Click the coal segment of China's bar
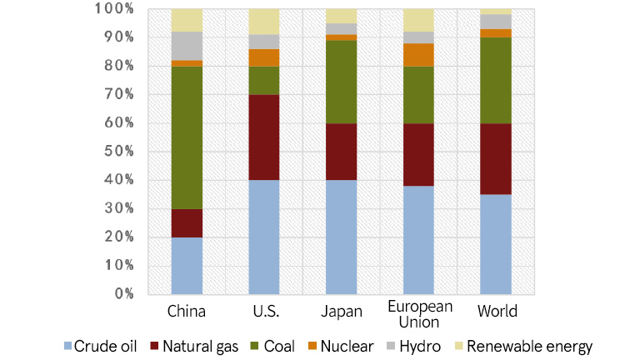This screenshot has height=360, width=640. (187, 137)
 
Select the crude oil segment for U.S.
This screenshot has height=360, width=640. (264, 237)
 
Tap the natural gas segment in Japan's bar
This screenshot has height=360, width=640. (341, 152)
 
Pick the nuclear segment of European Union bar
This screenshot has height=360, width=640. (418, 55)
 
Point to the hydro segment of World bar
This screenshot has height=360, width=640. (496, 22)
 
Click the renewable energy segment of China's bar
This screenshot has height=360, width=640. (187, 20)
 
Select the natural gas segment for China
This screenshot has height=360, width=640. (187, 222)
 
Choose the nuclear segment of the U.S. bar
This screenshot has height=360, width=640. (264, 57)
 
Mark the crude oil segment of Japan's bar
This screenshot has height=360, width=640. (341, 237)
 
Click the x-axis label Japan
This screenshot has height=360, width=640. (341, 312)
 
